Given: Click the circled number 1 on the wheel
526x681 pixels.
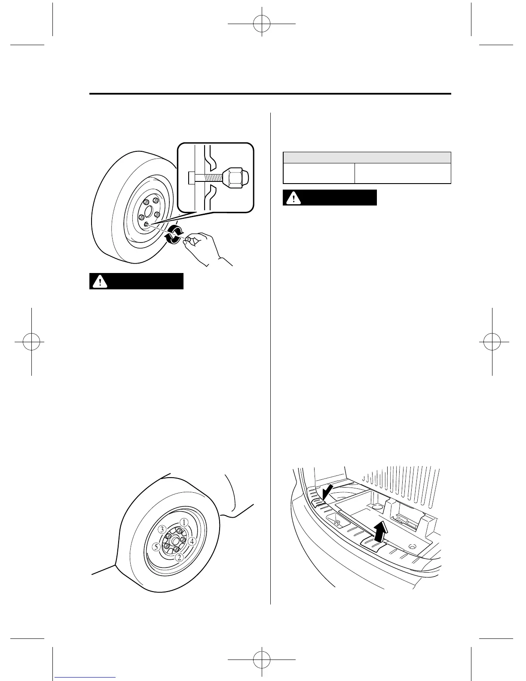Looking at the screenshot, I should pyautogui.click(x=183, y=522).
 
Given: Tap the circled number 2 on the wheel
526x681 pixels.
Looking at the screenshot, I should pyautogui.click(x=179, y=557).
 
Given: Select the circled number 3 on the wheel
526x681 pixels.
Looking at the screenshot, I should pyautogui.click(x=162, y=529).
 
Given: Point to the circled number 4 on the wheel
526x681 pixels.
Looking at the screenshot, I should pyautogui.click(x=192, y=541).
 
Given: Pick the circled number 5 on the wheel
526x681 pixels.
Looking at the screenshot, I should pyautogui.click(x=156, y=547).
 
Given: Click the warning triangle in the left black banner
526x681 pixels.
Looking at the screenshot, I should pyautogui.click(x=100, y=282).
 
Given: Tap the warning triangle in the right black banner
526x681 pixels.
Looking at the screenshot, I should pyautogui.click(x=294, y=198).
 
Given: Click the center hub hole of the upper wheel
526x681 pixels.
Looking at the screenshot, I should pyautogui.click(x=148, y=211).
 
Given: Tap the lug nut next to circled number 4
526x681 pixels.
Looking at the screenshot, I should pyautogui.click(x=183, y=540).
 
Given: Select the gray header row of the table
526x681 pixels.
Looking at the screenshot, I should pyautogui.click(x=367, y=157).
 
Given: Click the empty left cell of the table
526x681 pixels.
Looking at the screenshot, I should pyautogui.click(x=318, y=173).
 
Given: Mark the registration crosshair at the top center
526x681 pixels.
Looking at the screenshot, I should pyautogui.click(x=261, y=25).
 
